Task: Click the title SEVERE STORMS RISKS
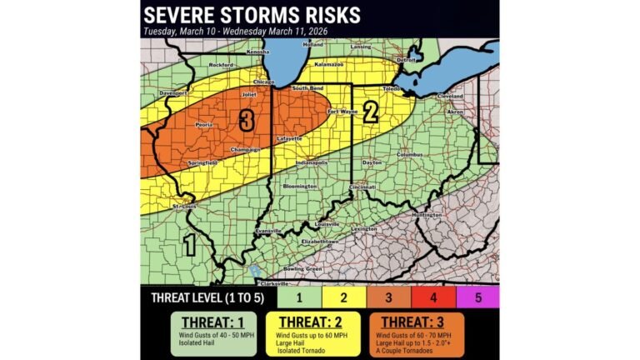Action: pyautogui.click(x=252, y=15)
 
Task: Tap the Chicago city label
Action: pyautogui.click(x=264, y=82)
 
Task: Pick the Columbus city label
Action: pyautogui.click(x=410, y=154)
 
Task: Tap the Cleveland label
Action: pyautogui.click(x=450, y=96)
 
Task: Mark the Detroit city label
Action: pyautogui.click(x=406, y=60)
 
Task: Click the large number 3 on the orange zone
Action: pyautogui.click(x=246, y=121)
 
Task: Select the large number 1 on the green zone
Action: pyautogui.click(x=189, y=245)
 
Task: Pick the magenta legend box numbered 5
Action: pyautogui.click(x=479, y=297)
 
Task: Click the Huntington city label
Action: pyautogui.click(x=427, y=215)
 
